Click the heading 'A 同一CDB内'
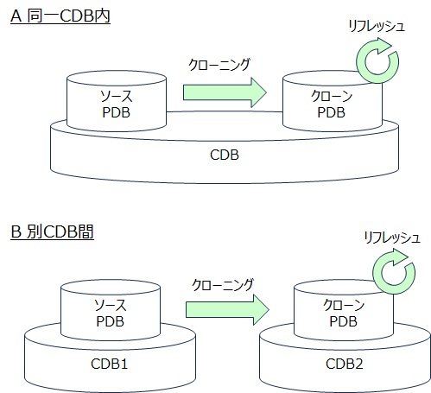60,16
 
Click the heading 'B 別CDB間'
52,231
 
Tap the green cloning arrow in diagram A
225,92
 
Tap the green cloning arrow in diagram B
227,310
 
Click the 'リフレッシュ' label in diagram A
377,26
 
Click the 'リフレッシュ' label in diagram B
392,238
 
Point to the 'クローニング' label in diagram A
219,65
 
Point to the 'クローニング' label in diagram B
223,284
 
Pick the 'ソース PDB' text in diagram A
117,105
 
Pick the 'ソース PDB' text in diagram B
111,313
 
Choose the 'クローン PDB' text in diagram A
332,105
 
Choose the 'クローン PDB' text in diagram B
344,313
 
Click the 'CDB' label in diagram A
225,155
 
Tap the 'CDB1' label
109,364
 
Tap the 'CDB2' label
345,364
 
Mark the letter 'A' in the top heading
16,16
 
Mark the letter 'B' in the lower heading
16,232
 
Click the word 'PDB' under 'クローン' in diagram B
344,321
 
